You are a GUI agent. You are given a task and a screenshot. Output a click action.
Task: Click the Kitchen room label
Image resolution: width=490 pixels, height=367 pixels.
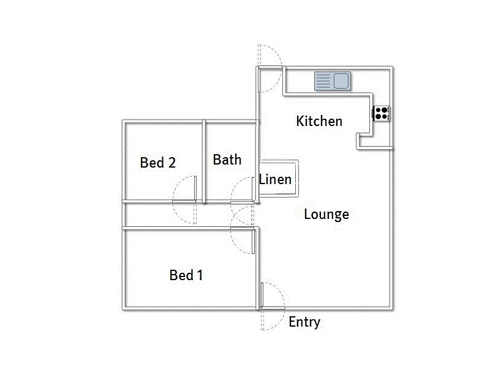point(319,121)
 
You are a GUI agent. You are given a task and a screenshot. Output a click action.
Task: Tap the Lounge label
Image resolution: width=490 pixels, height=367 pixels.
point(326,214)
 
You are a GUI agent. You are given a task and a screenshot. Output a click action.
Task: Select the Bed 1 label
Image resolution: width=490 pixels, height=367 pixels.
point(186,275)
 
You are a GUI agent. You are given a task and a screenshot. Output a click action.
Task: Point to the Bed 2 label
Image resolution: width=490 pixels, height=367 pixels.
point(158,163)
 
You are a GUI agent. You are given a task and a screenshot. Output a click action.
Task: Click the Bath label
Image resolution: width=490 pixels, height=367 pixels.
point(227,160)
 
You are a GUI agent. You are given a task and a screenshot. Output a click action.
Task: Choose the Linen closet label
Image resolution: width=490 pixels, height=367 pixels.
point(275,180)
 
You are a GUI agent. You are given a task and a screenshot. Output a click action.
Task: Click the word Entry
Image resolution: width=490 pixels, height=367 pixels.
point(304,322)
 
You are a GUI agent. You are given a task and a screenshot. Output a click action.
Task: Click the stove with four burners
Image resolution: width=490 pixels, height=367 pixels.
point(382,113)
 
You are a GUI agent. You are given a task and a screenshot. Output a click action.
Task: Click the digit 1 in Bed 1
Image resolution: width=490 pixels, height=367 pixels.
point(200,275)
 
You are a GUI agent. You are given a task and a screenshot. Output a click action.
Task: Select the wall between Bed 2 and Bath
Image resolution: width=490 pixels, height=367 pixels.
point(204,161)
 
